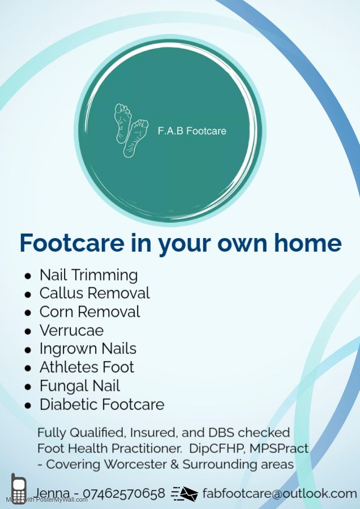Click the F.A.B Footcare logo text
[x=192, y=131]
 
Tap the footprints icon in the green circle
[x=131, y=131]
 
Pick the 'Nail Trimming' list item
[x=89, y=275]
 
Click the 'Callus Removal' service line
[x=95, y=293]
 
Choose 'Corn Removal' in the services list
[x=89, y=312]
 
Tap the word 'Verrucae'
[x=71, y=330]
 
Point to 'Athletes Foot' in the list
[x=87, y=368]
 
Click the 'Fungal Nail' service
[x=80, y=386]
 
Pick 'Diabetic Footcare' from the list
[x=102, y=404]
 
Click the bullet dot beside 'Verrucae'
[x=28, y=331]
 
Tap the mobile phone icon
[x=19, y=488]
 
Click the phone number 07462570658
[x=124, y=493]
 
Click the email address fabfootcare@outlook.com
[x=280, y=493]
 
